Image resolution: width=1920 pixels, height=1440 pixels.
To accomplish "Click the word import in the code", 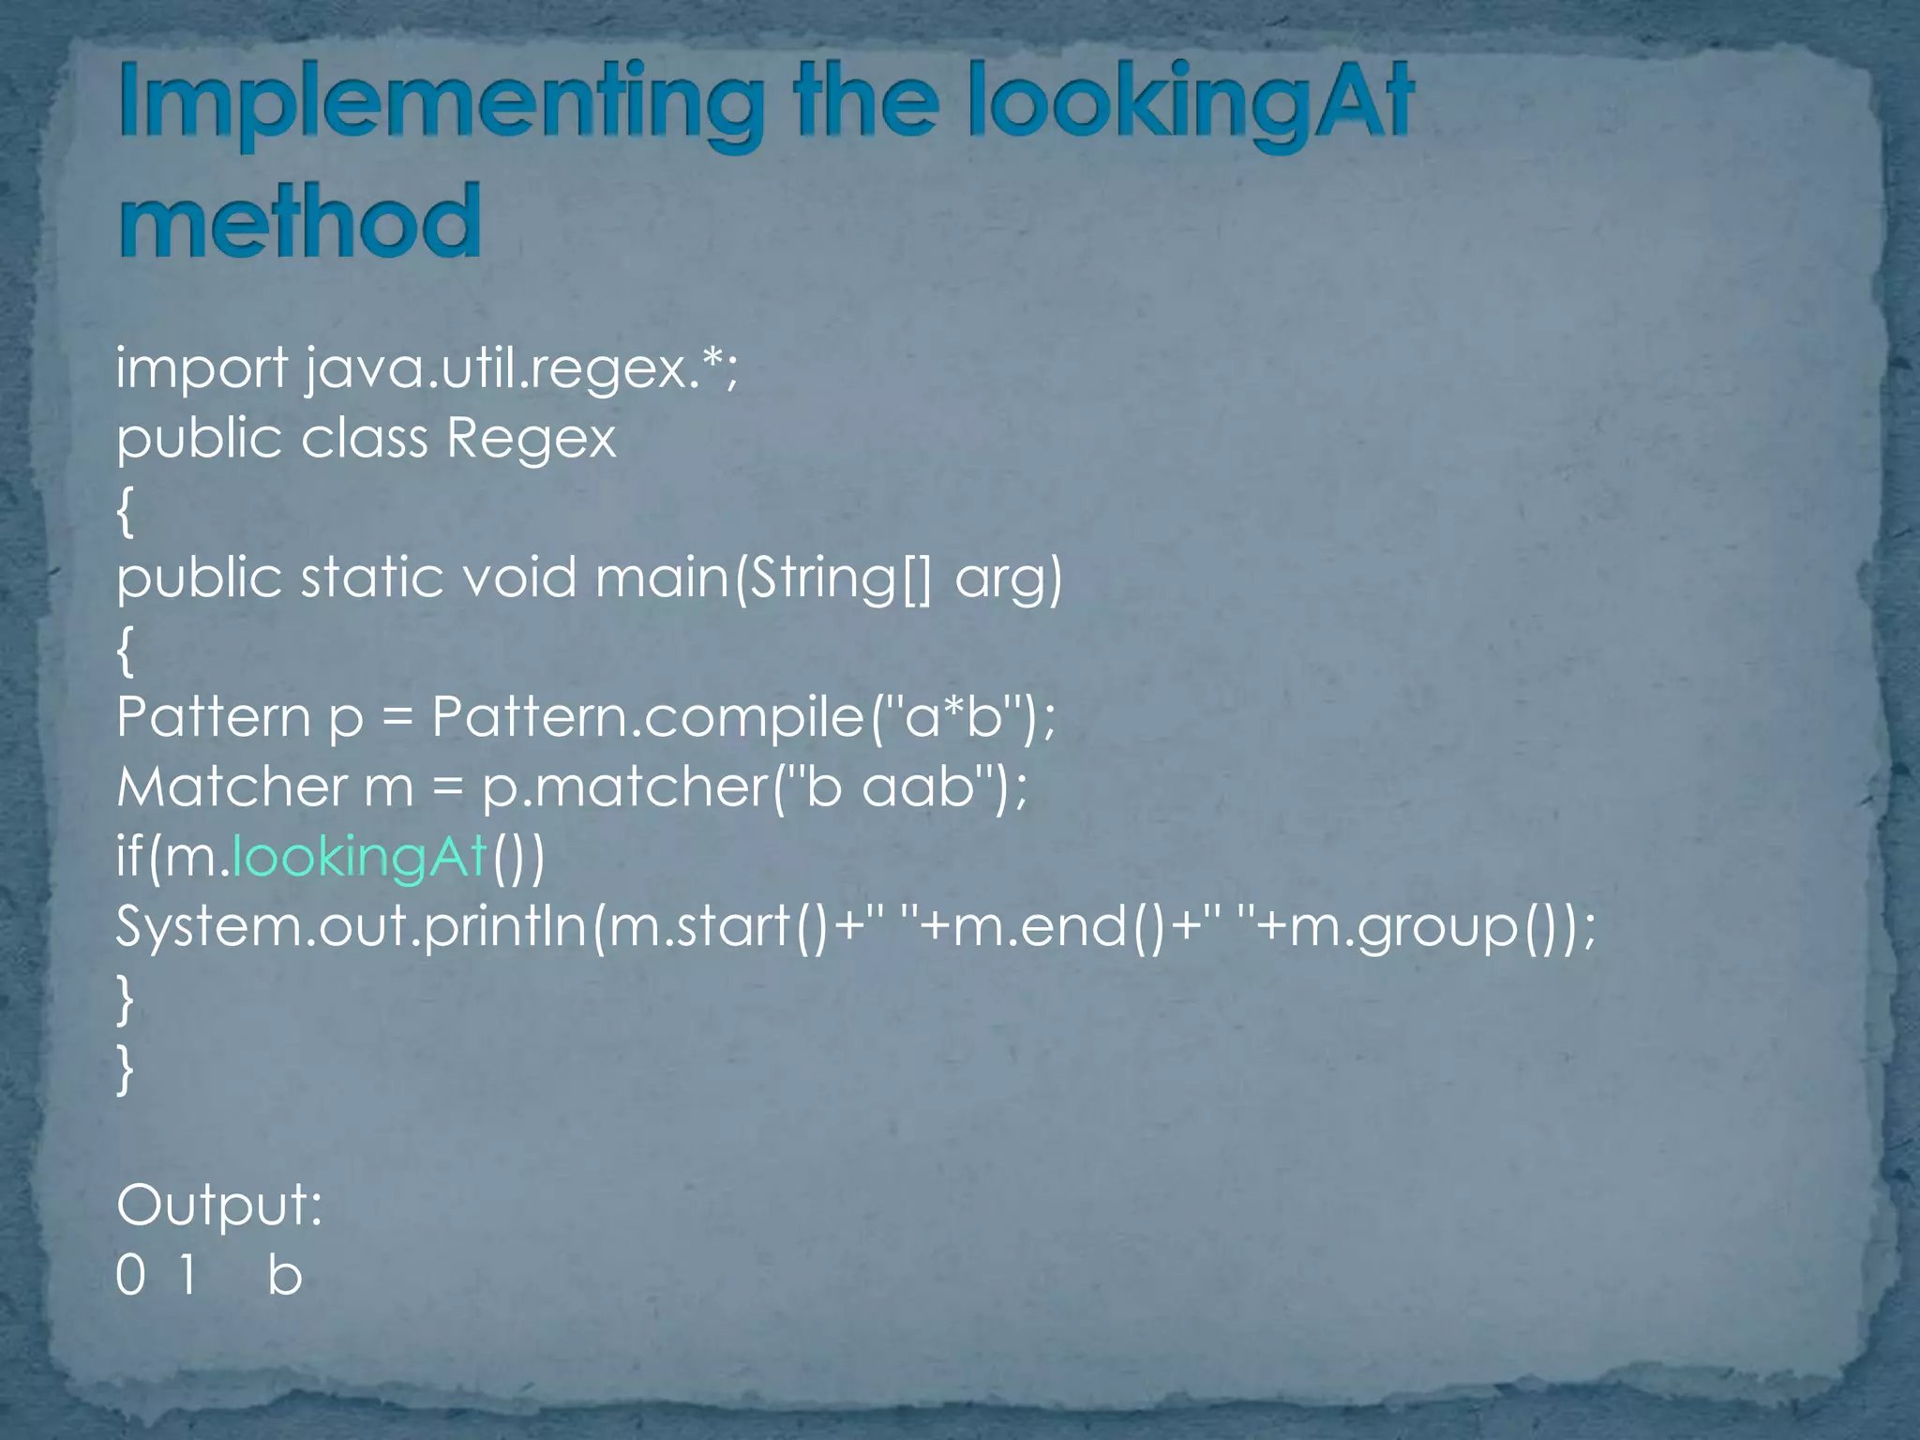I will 202,369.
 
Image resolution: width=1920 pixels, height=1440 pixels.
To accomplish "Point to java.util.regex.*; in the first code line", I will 522,369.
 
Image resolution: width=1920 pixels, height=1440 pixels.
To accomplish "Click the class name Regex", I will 531,439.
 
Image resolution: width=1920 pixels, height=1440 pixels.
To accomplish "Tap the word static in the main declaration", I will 371,577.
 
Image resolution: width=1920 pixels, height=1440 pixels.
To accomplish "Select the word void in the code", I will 519,577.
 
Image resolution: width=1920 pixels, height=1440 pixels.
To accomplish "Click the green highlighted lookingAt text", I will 360,857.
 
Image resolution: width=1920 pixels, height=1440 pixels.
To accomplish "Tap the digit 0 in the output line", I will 130,1276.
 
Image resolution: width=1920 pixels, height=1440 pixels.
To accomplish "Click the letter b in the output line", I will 285,1276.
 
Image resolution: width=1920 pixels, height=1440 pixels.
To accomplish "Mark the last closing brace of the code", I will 125,1069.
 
